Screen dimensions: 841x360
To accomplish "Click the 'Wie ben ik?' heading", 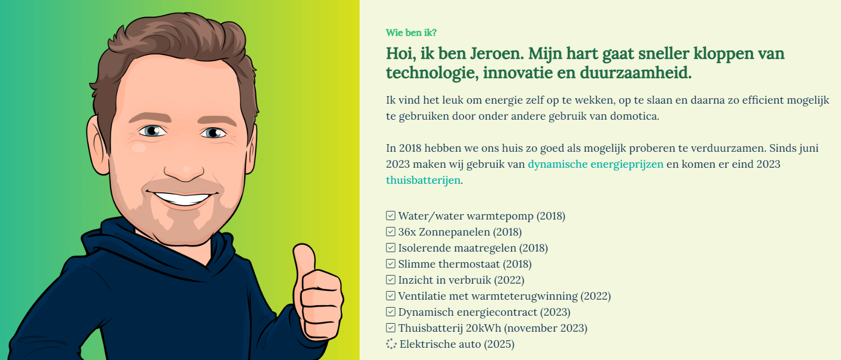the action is click(411, 33).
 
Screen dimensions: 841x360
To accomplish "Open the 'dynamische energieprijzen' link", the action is click(595, 164).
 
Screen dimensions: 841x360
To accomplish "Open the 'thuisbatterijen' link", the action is click(423, 180).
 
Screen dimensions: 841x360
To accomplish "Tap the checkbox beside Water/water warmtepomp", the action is click(391, 215).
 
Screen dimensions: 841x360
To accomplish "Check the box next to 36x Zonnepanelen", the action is click(391, 232).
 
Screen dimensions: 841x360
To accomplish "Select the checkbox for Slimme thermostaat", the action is click(391, 263).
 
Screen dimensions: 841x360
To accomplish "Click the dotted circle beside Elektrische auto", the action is click(391, 344).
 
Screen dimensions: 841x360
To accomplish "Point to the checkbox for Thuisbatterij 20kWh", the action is click(391, 328).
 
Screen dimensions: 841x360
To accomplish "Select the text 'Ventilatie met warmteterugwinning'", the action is click(488, 296).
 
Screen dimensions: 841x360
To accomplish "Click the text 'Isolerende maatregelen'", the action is click(457, 248).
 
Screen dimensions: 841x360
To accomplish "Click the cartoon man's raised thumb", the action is click(304, 259).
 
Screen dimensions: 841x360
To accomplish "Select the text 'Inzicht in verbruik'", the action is click(445, 280).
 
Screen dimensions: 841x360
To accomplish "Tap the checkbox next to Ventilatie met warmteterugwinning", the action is click(391, 296).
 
